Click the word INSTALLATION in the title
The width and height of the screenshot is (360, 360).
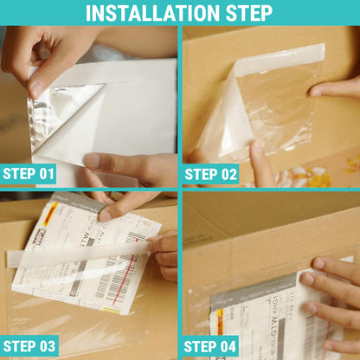click(x=154, y=13)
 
